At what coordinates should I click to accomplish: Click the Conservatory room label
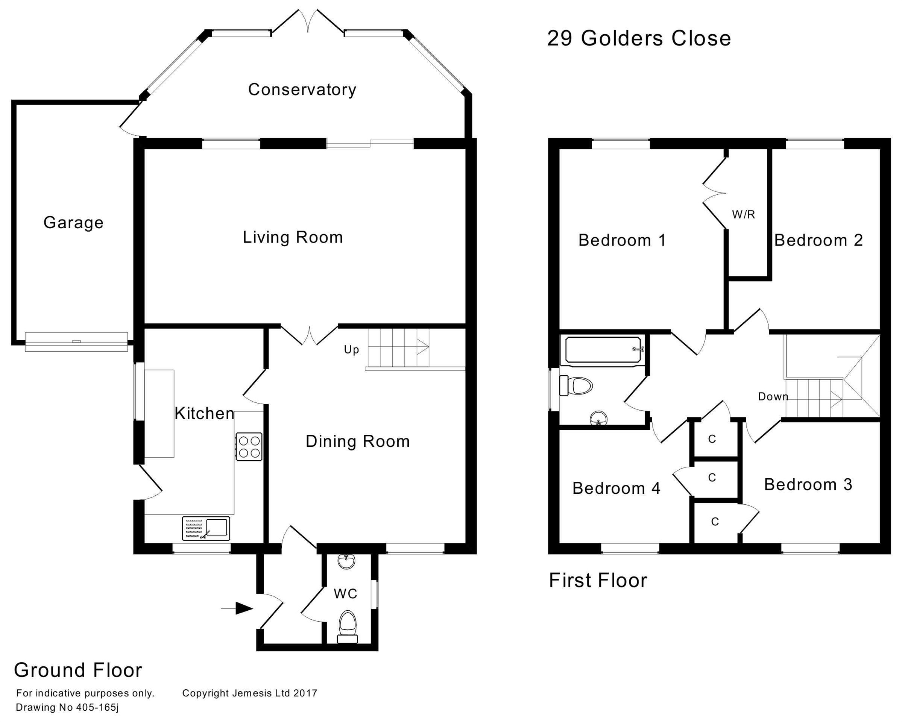coord(302,89)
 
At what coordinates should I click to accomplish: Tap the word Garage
coord(74,222)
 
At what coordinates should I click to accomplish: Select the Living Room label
coord(293,237)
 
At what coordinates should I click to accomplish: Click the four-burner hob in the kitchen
coord(249,447)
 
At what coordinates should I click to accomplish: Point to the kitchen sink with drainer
coord(206,528)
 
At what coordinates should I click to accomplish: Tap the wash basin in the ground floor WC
coord(346,562)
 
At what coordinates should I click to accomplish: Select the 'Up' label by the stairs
coord(351,350)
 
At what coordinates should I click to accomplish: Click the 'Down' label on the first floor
coord(773,397)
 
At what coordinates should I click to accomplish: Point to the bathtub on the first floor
coord(603,350)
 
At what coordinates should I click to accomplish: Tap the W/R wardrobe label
coord(743,215)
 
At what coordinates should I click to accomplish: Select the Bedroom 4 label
coord(616,488)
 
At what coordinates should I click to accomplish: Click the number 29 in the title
coord(560,38)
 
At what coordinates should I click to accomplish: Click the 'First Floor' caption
coord(598,581)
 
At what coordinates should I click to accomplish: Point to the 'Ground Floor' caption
coord(78,670)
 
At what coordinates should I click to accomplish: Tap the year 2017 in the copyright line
coord(305,693)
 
